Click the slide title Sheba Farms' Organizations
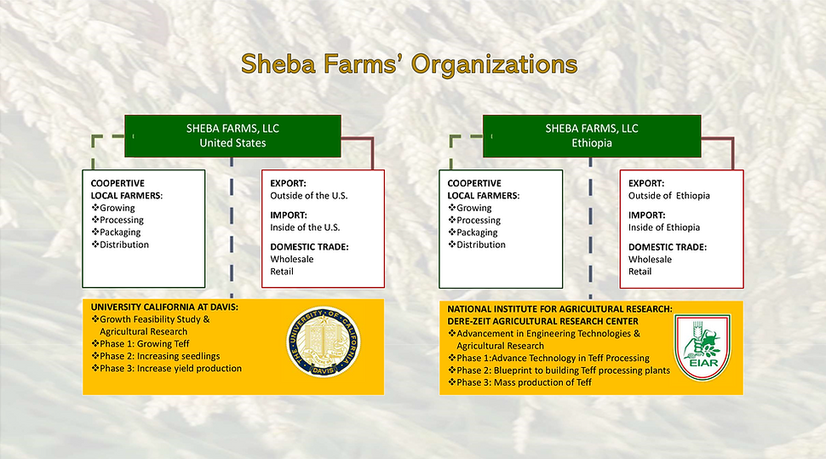[x=409, y=64]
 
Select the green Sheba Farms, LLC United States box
[x=232, y=135]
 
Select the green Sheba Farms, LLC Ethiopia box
[x=591, y=135]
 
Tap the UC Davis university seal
[x=323, y=346]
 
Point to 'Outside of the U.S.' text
[x=309, y=196]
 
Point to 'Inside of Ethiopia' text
[x=664, y=227]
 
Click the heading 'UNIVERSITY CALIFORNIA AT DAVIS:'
[x=165, y=307]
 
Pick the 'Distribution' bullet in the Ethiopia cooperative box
[x=478, y=244]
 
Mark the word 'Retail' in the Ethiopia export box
[x=640, y=272]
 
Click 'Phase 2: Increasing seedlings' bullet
[x=155, y=356]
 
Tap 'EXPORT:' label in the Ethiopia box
[x=646, y=183]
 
